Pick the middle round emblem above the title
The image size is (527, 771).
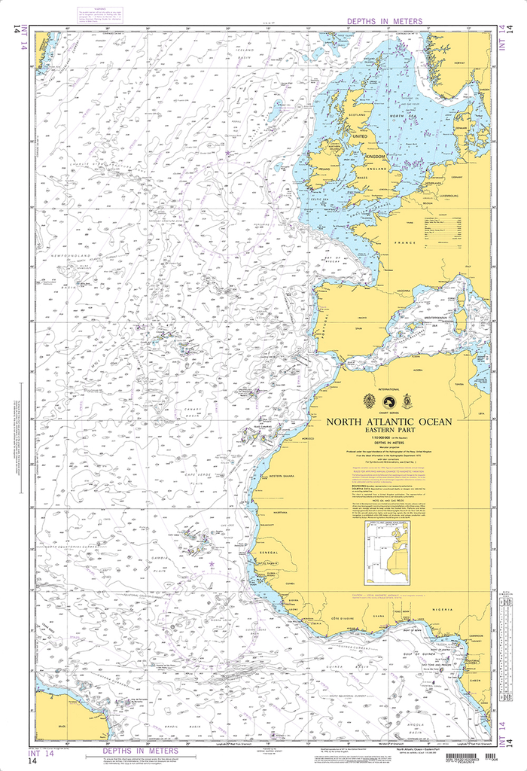coord(388,400)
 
